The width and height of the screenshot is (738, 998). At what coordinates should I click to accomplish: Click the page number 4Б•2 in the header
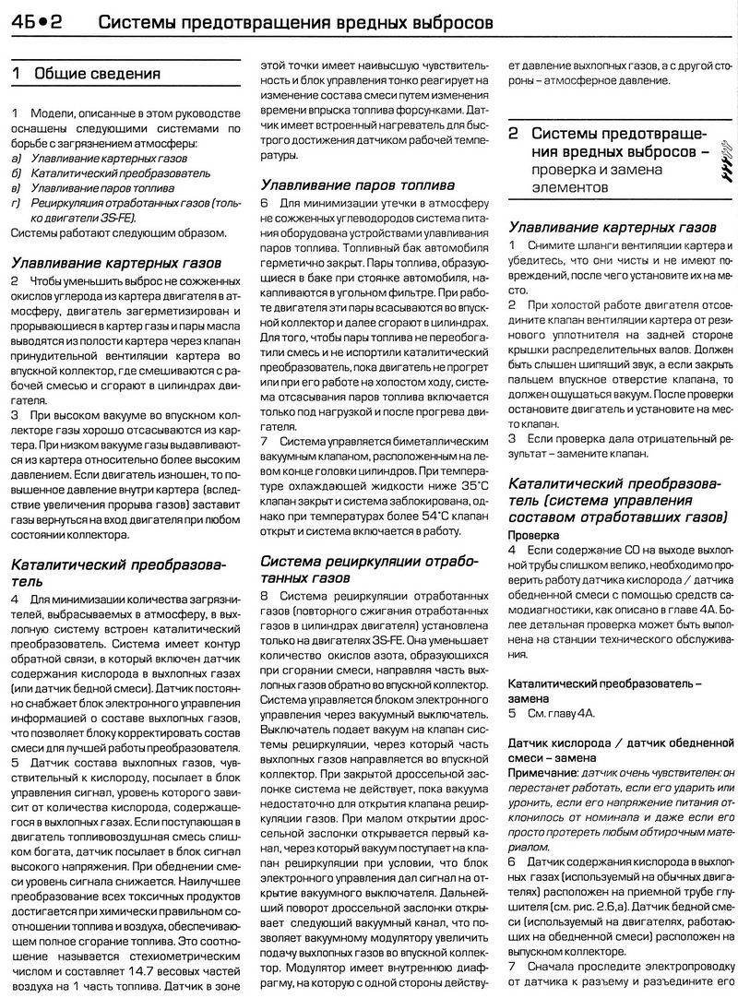coord(37,19)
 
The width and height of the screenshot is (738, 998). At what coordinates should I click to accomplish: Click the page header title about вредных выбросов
coord(295,19)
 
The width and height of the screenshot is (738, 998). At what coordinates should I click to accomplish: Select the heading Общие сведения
coord(97,74)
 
